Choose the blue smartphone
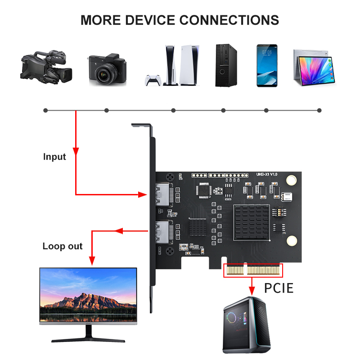tap(266, 65)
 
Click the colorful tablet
tap(315, 67)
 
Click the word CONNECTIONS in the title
tap(229, 20)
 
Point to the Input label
tap(54, 157)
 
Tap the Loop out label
tap(63, 246)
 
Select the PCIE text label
tap(279, 288)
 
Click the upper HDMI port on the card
tap(162, 195)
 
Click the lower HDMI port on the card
tap(162, 233)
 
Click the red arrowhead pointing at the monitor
tap(92, 261)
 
